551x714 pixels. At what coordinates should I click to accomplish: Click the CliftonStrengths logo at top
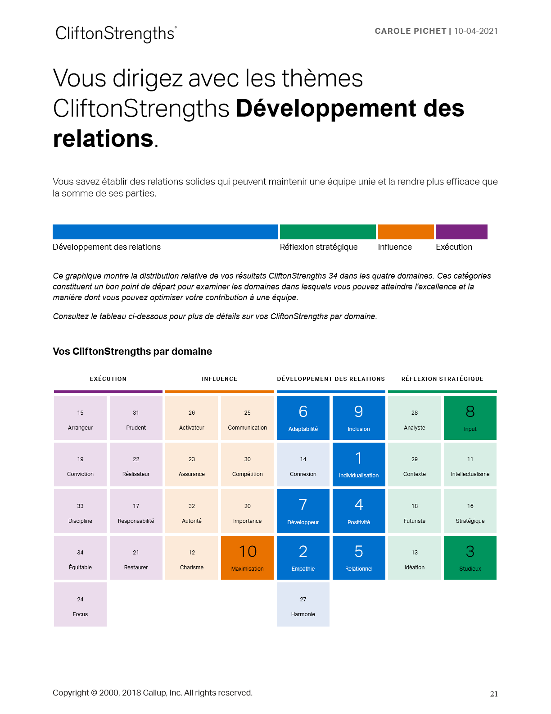click(x=116, y=34)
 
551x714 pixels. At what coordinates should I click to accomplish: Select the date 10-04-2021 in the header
click(x=475, y=31)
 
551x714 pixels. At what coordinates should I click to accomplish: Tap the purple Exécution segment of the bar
click(x=461, y=232)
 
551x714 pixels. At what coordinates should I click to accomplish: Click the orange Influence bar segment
click(x=406, y=232)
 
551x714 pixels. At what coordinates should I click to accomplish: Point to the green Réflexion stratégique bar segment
click(x=328, y=232)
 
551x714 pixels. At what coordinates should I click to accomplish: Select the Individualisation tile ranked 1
click(x=359, y=464)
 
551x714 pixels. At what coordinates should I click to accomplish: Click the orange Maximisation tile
click(x=247, y=558)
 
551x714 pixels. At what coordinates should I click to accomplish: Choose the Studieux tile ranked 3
click(x=470, y=558)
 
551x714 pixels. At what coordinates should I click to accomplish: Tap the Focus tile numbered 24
click(x=80, y=604)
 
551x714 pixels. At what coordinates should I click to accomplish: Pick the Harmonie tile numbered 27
click(x=303, y=604)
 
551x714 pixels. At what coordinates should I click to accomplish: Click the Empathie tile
click(x=303, y=558)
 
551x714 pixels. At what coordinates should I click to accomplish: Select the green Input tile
click(x=470, y=418)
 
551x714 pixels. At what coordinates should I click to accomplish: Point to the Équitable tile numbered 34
click(x=80, y=558)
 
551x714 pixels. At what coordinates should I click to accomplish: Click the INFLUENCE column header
click(x=219, y=379)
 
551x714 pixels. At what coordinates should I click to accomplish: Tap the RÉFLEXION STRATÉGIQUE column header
click(x=442, y=379)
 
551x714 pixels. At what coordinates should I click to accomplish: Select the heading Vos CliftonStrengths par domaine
click(x=132, y=352)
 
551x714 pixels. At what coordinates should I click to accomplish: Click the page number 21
click(x=494, y=694)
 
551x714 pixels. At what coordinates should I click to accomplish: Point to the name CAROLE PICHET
click(x=410, y=31)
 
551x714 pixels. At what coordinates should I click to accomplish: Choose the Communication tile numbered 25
click(x=247, y=418)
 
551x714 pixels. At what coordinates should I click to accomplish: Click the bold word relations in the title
click(x=104, y=139)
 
